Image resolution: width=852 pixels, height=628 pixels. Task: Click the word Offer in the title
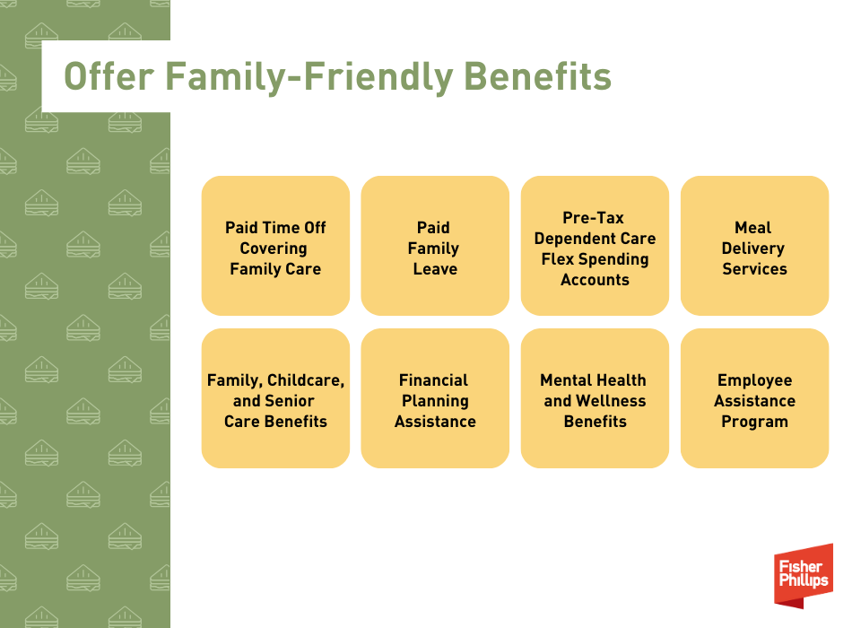point(109,76)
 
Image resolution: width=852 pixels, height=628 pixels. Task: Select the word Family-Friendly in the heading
point(309,77)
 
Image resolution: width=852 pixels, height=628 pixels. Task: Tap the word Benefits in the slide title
point(537,76)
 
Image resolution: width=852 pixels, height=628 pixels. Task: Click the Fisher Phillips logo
point(804,576)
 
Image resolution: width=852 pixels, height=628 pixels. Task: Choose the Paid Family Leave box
point(435,245)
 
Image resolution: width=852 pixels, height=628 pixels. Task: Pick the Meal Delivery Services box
point(754,245)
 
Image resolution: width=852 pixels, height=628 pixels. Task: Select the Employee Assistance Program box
point(754,398)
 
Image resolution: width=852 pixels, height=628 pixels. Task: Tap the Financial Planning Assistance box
point(435,398)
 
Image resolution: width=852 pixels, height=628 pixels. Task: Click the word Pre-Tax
point(593,217)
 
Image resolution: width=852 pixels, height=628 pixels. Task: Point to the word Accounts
point(595,280)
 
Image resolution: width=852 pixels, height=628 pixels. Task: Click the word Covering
point(274,249)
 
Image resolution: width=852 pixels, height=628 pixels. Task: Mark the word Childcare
point(305,380)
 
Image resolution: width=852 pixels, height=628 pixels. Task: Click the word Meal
point(752,227)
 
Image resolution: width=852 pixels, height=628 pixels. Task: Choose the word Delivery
point(752,249)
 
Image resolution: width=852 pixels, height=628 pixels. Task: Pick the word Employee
point(754,380)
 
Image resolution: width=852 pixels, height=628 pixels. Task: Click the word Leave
point(435,268)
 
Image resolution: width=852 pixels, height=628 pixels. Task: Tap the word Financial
point(433,380)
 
